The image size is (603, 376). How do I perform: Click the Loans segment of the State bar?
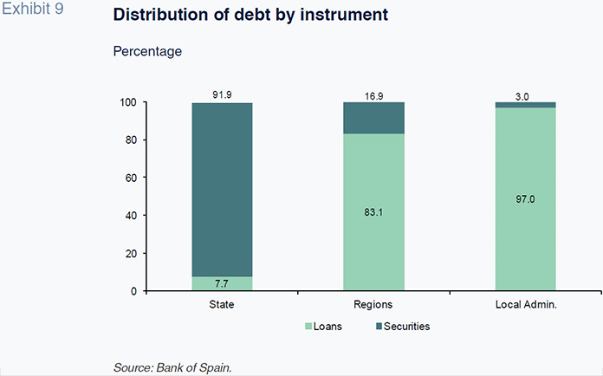coord(222,283)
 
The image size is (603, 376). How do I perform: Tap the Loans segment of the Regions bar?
coord(373,212)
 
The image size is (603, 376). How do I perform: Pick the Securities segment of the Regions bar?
coord(373,118)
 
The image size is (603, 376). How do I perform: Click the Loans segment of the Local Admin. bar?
coord(525,199)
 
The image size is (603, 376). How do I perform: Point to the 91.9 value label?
coord(222,94)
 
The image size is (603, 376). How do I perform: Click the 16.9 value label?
coord(373,94)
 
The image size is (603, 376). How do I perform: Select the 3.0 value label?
coord(525,94)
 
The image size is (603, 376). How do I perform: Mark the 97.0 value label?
coord(525,198)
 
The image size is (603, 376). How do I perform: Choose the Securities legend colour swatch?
coord(377,327)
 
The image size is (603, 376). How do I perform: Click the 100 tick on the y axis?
coord(127,102)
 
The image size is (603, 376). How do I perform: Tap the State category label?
coord(222,305)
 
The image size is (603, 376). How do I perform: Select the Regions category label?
coord(373,305)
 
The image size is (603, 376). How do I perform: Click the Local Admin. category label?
coord(525,305)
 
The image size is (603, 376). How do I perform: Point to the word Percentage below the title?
coord(147,52)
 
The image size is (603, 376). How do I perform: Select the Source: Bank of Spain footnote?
coord(172,368)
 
